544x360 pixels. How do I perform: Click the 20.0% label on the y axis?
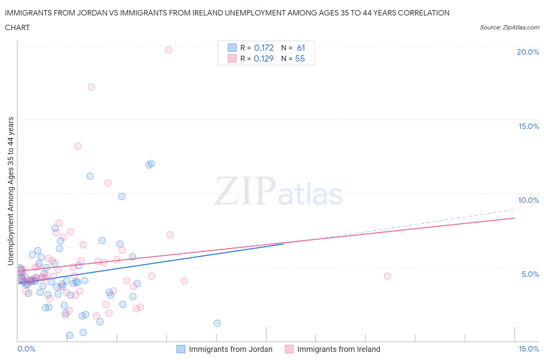point(528,52)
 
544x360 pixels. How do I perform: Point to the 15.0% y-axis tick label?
point(529,126)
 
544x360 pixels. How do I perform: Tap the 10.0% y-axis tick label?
point(528,200)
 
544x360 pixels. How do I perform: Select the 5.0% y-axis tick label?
point(530,274)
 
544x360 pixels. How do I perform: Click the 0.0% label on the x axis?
point(26,349)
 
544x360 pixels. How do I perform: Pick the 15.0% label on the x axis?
point(529,349)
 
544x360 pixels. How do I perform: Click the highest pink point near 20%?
point(169,50)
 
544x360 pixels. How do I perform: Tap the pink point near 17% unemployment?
point(91,87)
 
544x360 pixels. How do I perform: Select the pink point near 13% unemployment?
point(78,146)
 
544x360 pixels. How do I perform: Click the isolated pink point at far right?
point(387,276)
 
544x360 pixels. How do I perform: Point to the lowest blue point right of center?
point(217,323)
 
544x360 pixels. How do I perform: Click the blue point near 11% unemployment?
point(90,176)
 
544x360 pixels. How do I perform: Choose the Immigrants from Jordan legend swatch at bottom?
point(181,349)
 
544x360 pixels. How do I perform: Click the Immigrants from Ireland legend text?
point(339,349)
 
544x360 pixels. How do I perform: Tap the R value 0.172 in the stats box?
point(264,48)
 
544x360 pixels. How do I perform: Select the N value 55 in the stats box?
point(300,58)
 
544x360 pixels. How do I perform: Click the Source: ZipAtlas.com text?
point(509,27)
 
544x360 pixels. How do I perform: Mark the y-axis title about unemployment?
point(10,191)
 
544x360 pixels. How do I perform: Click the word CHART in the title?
point(17,27)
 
